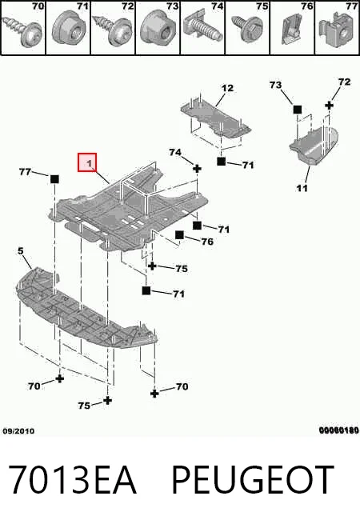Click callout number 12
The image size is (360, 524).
tap(227, 88)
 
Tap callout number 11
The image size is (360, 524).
tap(302, 188)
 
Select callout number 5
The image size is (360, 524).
tap(20, 250)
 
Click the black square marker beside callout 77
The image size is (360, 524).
tap(54, 179)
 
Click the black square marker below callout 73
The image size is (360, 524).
tap(297, 110)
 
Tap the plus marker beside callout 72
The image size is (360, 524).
tap(330, 106)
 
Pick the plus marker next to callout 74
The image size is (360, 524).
tap(197, 169)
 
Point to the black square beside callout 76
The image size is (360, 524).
tap(179, 235)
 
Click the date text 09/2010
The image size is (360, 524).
tap(18, 431)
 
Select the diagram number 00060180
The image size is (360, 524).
tap(338, 430)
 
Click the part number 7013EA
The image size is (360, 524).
tap(72, 479)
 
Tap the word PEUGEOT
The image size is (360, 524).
tap(253, 479)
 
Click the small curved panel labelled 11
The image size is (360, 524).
tap(314, 146)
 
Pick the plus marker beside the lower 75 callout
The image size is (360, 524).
tap(107, 400)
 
